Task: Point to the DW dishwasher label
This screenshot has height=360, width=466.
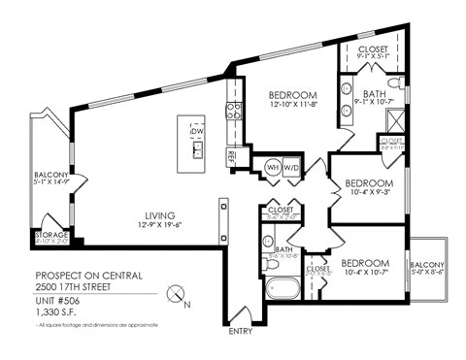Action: click(x=198, y=131)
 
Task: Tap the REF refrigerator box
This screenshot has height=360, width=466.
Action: click(x=231, y=154)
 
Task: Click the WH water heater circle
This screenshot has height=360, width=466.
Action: click(x=272, y=166)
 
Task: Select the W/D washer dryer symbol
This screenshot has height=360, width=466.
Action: click(x=291, y=166)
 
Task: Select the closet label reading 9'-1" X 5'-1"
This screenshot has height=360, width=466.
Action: click(x=374, y=57)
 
